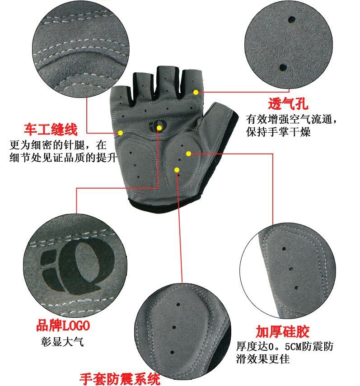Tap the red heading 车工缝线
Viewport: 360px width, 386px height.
click(51, 130)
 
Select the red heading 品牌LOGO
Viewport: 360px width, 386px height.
click(63, 326)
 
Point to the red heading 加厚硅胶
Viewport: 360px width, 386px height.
click(283, 332)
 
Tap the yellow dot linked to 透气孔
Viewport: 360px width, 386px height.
click(196, 92)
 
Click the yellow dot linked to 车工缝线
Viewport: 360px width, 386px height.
click(121, 133)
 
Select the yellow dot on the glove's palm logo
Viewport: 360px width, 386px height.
click(159, 128)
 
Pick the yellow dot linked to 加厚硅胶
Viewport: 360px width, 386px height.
click(188, 153)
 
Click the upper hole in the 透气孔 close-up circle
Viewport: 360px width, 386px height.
click(292, 20)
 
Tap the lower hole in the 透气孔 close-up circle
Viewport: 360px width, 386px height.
click(283, 67)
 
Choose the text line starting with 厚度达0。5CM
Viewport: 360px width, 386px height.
click(285, 347)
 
